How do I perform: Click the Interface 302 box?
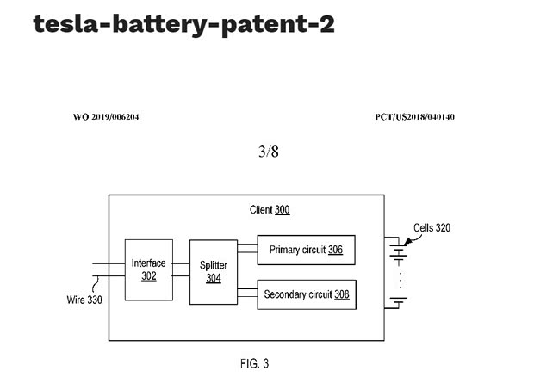click(148, 269)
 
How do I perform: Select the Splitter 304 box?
click(213, 272)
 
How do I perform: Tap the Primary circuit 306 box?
click(306, 250)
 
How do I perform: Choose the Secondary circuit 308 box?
click(306, 294)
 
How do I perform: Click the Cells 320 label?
click(432, 228)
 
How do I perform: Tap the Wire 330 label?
click(84, 300)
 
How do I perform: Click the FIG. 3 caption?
click(254, 364)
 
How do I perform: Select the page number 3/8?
click(268, 152)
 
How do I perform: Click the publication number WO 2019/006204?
click(106, 116)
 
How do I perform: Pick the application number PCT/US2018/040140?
click(415, 116)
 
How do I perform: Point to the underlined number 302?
click(149, 275)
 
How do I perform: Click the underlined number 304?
click(214, 278)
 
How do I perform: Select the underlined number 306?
click(335, 250)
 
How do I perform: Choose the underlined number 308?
click(340, 294)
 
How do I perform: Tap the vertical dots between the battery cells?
click(399, 279)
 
